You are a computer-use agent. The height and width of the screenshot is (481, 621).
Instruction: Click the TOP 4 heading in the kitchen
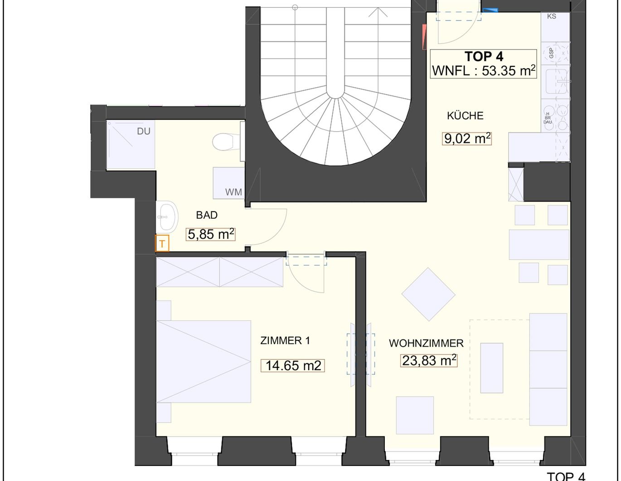pyautogui.click(x=484, y=57)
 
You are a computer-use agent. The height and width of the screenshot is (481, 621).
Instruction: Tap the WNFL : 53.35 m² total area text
pyautogui.click(x=484, y=71)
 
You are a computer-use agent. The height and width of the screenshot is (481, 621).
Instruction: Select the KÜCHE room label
pyautogui.click(x=465, y=116)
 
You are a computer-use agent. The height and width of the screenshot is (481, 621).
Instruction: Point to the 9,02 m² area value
pyautogui.click(x=467, y=138)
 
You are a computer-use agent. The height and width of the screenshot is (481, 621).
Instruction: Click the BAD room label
pyautogui.click(x=207, y=215)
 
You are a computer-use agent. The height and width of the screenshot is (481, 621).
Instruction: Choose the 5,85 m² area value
pyautogui.click(x=211, y=234)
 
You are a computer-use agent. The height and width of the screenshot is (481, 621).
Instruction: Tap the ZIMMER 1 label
pyautogui.click(x=285, y=341)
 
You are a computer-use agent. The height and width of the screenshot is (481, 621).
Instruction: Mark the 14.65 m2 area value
pyautogui.click(x=293, y=366)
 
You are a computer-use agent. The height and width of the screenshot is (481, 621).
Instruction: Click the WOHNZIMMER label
pyautogui.click(x=426, y=343)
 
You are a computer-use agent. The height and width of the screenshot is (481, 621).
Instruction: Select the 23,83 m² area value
pyautogui.click(x=429, y=361)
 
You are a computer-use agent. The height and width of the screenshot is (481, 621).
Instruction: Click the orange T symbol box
pyautogui.click(x=162, y=243)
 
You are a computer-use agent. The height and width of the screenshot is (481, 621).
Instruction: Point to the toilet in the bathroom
pyautogui.click(x=226, y=142)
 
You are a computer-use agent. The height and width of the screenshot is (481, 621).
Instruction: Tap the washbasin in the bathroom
pyautogui.click(x=167, y=216)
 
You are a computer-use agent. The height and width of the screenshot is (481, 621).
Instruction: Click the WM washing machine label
pyautogui.click(x=233, y=192)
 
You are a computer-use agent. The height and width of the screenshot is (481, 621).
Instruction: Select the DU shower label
pyautogui.click(x=143, y=131)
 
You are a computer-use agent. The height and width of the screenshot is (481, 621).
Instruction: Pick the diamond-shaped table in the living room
pyautogui.click(x=428, y=294)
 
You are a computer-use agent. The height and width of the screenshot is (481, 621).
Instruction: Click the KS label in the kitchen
pyautogui.click(x=552, y=16)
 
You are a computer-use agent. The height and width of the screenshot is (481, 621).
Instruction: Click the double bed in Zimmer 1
pyautogui.click(x=204, y=362)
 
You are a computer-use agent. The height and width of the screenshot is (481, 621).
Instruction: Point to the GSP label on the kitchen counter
pyautogui.click(x=551, y=53)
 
